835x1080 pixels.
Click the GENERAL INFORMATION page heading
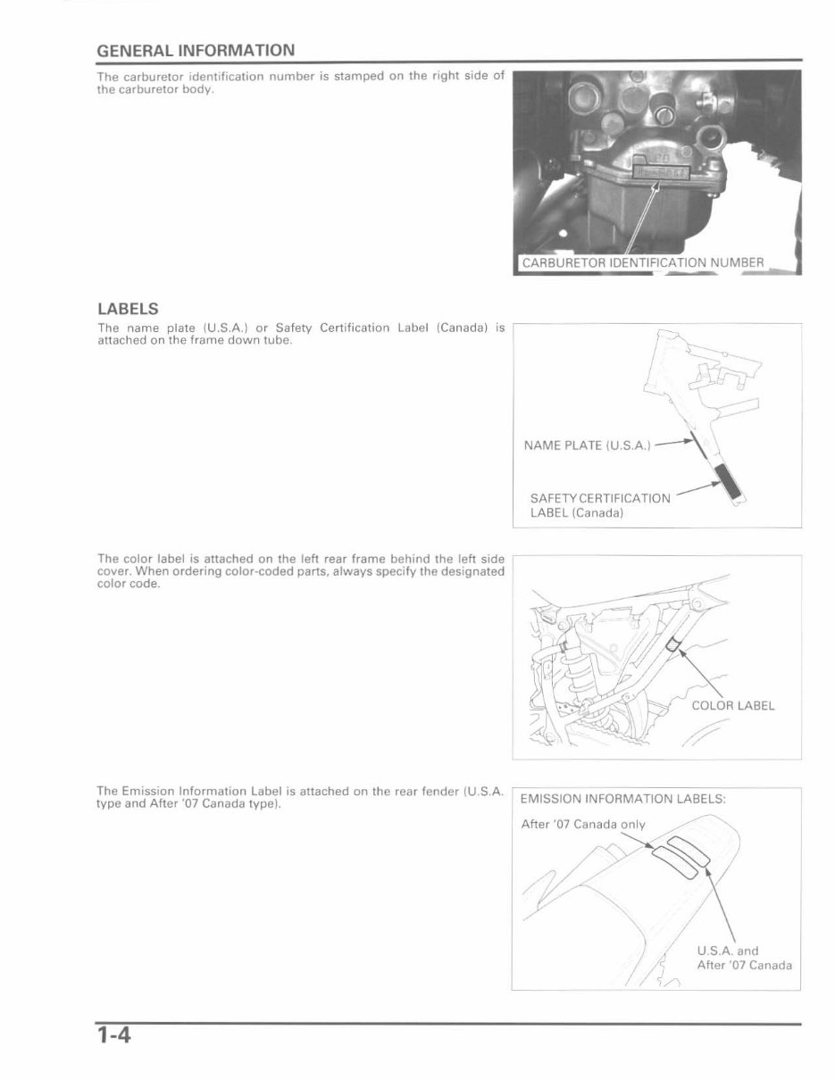195,50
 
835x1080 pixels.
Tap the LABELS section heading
128,309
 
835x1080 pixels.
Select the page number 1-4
114,1035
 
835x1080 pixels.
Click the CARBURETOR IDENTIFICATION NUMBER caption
642,262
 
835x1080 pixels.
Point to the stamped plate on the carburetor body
660,170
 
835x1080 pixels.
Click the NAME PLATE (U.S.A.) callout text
588,445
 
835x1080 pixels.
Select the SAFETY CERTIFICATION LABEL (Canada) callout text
599,505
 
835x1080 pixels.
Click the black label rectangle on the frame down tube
733,483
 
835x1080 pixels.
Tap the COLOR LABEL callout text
732,705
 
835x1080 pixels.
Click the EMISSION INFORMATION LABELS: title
622,799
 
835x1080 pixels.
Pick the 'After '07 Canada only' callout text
582,824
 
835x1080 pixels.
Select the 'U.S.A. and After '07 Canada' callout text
743,958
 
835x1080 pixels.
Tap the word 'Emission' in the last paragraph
147,791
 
